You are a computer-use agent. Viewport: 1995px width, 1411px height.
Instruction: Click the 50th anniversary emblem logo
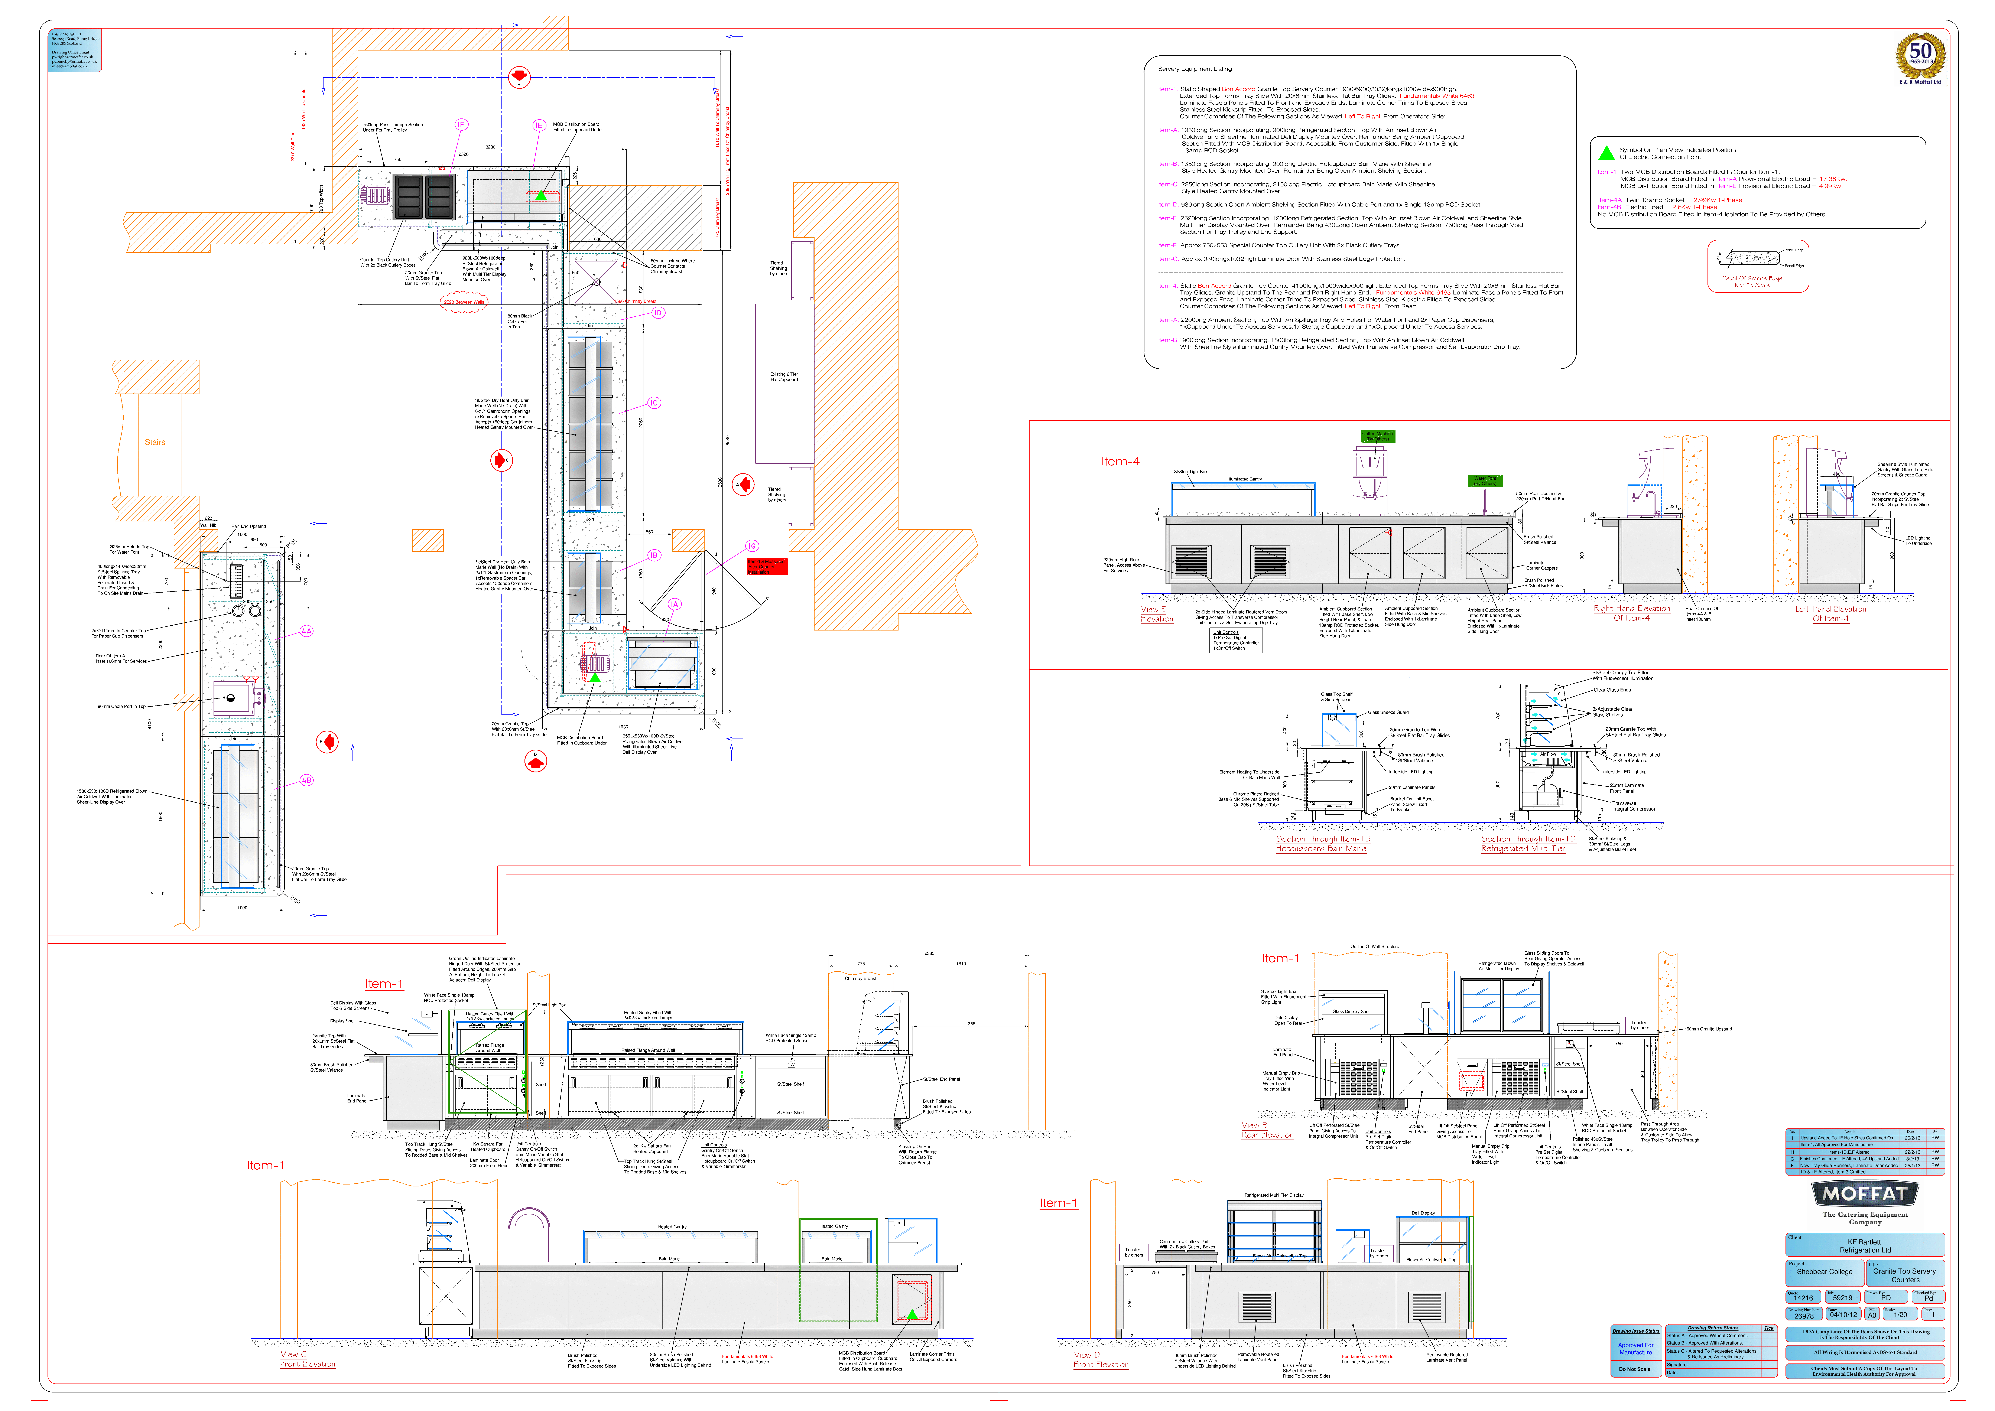point(1920,57)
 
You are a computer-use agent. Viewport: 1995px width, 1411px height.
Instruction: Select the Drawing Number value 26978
point(1804,1315)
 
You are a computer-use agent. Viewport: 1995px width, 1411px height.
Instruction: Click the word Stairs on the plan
point(155,442)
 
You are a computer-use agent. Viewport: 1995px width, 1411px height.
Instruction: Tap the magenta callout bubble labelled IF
point(461,124)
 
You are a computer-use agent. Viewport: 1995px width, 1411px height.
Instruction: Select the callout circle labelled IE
point(539,125)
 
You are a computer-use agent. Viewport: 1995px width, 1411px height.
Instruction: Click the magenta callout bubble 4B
point(307,780)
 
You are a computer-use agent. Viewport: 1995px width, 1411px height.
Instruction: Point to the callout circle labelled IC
point(654,402)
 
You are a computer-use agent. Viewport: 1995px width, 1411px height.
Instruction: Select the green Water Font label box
point(1485,480)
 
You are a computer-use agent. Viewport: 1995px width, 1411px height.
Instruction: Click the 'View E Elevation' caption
point(1157,614)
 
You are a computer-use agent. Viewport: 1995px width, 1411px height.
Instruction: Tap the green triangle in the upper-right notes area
point(1607,154)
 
